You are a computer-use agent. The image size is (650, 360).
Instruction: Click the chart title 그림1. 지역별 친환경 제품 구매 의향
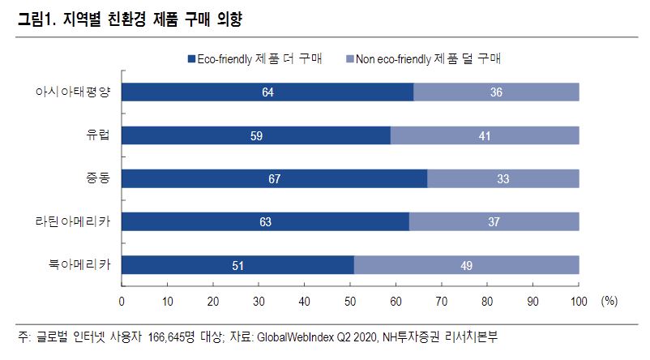129,18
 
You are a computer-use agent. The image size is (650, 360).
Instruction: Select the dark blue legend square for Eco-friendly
191,59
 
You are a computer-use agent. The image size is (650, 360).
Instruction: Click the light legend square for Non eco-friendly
350,59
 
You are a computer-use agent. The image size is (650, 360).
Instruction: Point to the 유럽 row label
100,135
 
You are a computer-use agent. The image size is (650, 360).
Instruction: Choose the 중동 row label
100,178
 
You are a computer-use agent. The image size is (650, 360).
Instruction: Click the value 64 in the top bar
267,92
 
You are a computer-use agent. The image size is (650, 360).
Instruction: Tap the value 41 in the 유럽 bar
485,135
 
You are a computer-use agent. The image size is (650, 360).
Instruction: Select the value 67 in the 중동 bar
274,178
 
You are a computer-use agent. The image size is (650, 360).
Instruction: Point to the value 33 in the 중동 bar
502,178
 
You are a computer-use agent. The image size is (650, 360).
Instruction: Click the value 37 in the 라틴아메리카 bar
494,221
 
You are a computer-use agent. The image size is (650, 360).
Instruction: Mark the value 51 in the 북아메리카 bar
237,264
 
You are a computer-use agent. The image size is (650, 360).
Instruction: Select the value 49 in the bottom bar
466,264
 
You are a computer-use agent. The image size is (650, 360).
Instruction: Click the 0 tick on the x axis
122,302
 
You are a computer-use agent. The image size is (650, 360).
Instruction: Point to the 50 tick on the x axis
351,302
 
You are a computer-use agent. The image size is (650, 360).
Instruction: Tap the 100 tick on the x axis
579,302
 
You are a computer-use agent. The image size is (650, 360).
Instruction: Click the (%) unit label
609,302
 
